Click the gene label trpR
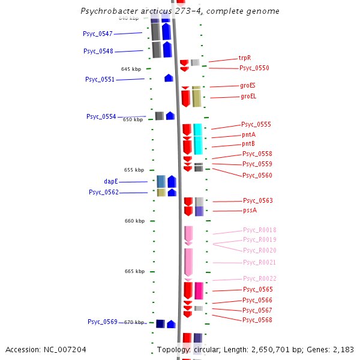click(x=244, y=58)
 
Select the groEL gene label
click(x=248, y=96)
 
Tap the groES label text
click(x=248, y=86)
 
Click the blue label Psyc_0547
click(x=98, y=34)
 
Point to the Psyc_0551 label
click(x=100, y=79)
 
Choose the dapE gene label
click(x=111, y=181)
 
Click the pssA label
click(x=250, y=211)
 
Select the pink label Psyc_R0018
click(x=259, y=230)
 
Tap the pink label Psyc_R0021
click(x=259, y=263)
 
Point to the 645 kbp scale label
click(x=131, y=69)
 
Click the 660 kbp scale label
click(x=134, y=221)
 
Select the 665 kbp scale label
click(x=134, y=271)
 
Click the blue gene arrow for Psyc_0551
click(x=169, y=78)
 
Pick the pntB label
click(x=248, y=144)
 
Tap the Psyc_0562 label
click(x=104, y=192)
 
